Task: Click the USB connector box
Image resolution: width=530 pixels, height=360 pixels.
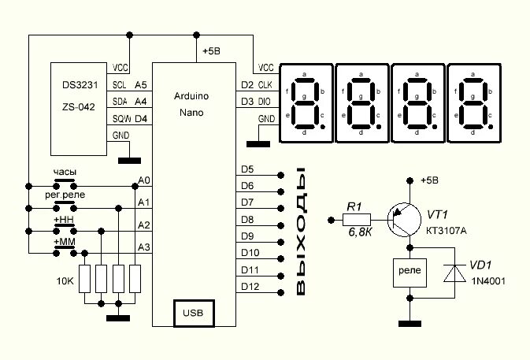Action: (193, 313)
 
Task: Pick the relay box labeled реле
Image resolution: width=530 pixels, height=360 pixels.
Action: (410, 272)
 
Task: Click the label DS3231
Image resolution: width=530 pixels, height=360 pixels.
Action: (79, 84)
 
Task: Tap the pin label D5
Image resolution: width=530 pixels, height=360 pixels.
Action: (247, 169)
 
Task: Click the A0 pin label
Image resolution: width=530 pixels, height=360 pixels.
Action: (143, 181)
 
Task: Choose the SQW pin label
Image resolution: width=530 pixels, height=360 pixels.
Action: (120, 118)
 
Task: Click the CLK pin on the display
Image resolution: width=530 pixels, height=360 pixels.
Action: (265, 84)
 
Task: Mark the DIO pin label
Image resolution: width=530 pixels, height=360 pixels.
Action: (265, 102)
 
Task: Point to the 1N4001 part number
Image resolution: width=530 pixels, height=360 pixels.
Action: (488, 281)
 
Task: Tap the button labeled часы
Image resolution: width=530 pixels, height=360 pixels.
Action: (65, 172)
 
